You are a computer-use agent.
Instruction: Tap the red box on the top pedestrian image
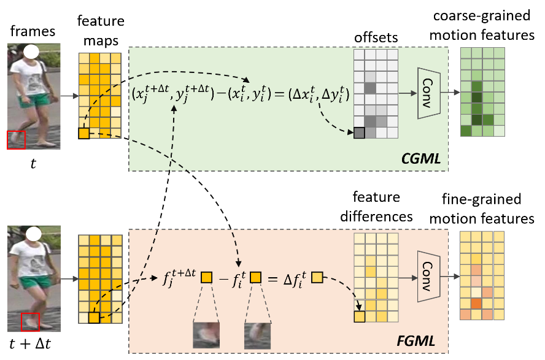coord(16,140)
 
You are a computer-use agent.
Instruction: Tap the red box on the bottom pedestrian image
coord(30,321)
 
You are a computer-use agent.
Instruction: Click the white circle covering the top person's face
coord(32,52)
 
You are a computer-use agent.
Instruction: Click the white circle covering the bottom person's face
coord(33,234)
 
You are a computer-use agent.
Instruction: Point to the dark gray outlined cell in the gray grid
coord(359,132)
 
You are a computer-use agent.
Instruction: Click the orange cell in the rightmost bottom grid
coord(476,304)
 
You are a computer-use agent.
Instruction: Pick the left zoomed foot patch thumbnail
coord(206,335)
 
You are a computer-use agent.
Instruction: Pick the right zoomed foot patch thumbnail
coord(257,335)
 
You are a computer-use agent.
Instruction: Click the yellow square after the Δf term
coord(317,278)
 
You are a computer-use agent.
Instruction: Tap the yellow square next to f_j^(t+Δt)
coord(206,278)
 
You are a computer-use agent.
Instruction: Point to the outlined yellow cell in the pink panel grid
coord(359,316)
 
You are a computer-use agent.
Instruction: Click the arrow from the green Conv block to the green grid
coord(452,93)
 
